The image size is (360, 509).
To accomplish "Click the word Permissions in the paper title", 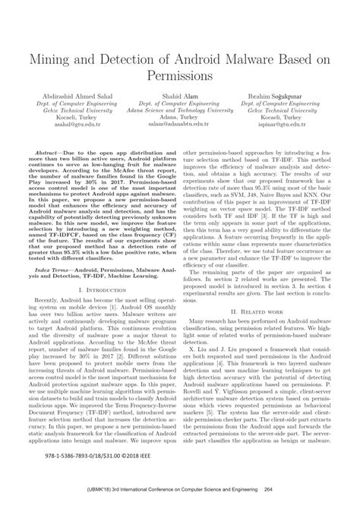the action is [x=180, y=77].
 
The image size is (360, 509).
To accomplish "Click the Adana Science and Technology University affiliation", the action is [x=180, y=113].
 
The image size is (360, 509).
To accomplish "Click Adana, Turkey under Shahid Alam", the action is [x=180, y=122].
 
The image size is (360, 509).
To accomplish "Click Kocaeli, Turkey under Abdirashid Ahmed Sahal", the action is [x=71, y=122].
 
